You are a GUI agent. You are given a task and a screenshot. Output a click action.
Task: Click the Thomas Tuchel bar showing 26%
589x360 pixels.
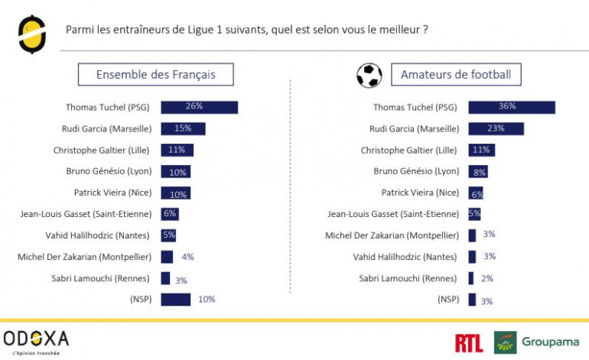coord(199,107)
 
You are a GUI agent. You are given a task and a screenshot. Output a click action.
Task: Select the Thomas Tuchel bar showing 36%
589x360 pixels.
coord(511,107)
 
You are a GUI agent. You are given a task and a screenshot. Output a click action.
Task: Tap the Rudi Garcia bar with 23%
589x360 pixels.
coord(496,128)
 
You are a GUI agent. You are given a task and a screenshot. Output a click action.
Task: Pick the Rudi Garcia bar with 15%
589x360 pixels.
coord(183,128)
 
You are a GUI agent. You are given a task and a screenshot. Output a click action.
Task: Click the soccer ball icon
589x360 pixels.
coord(369,75)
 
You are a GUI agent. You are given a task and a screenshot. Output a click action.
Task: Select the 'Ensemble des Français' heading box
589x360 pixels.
coord(155,74)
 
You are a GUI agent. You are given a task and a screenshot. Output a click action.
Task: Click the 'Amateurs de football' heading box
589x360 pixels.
coord(456,74)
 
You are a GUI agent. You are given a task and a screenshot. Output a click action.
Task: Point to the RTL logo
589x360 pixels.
coord(468,343)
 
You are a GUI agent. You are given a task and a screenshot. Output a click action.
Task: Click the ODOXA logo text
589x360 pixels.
coord(36,338)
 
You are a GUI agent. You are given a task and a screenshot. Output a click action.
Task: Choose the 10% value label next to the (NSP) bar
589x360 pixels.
coord(207,300)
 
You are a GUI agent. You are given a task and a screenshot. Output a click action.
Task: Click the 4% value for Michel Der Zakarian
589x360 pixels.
coord(187,257)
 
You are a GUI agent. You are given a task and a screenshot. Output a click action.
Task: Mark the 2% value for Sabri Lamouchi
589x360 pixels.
coord(487,278)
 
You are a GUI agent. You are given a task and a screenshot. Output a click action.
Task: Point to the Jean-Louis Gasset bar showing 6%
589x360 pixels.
coord(169,214)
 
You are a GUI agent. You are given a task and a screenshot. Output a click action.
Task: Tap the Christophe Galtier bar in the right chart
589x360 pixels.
coord(480,150)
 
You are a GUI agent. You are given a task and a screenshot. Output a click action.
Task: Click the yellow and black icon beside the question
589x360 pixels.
coord(32,33)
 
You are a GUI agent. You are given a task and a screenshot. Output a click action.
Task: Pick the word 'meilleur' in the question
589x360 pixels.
coord(399,30)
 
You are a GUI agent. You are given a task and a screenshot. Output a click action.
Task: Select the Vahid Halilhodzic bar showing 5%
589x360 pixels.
coord(168,235)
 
